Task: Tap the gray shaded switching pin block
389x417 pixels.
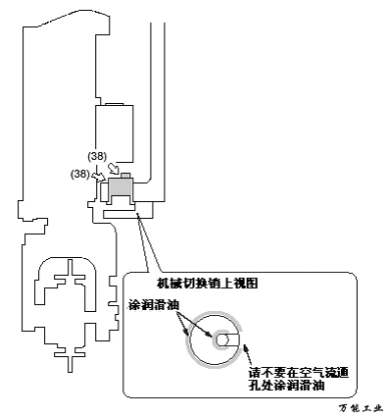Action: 121,186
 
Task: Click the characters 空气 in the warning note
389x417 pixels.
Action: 293,373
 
